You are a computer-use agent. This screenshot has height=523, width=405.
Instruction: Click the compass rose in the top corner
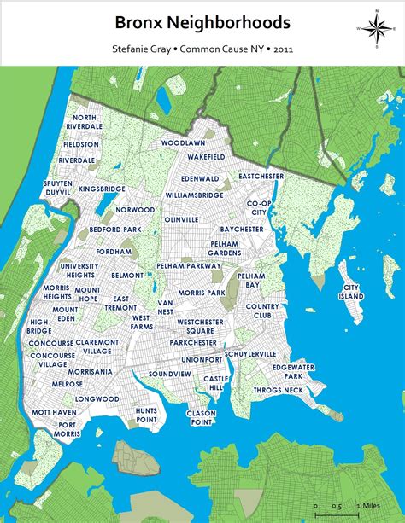coord(374,29)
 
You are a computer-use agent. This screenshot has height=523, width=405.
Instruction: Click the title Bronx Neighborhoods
coord(202,22)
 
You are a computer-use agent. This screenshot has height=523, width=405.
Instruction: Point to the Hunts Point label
coord(146,415)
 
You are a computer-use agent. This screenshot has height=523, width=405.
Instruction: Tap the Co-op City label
coord(259,207)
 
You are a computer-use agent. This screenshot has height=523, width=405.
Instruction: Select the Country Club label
coord(262,311)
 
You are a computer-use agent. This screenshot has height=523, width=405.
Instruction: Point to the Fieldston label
coord(80,145)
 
